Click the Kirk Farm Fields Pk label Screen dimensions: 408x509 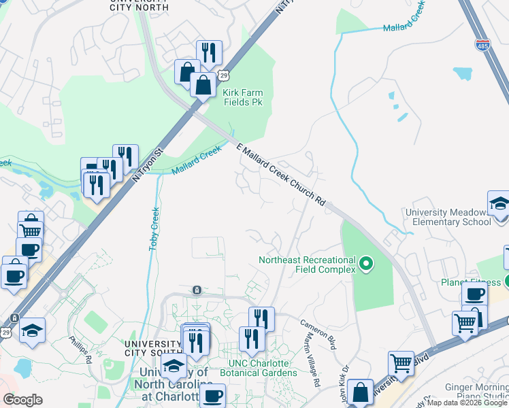point(244,97)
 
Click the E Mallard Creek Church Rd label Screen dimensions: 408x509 point(280,175)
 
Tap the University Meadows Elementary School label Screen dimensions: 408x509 point(448,218)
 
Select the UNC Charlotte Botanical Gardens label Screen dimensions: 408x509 point(259,368)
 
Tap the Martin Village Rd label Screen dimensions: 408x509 point(310,364)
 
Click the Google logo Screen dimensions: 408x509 point(22,399)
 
